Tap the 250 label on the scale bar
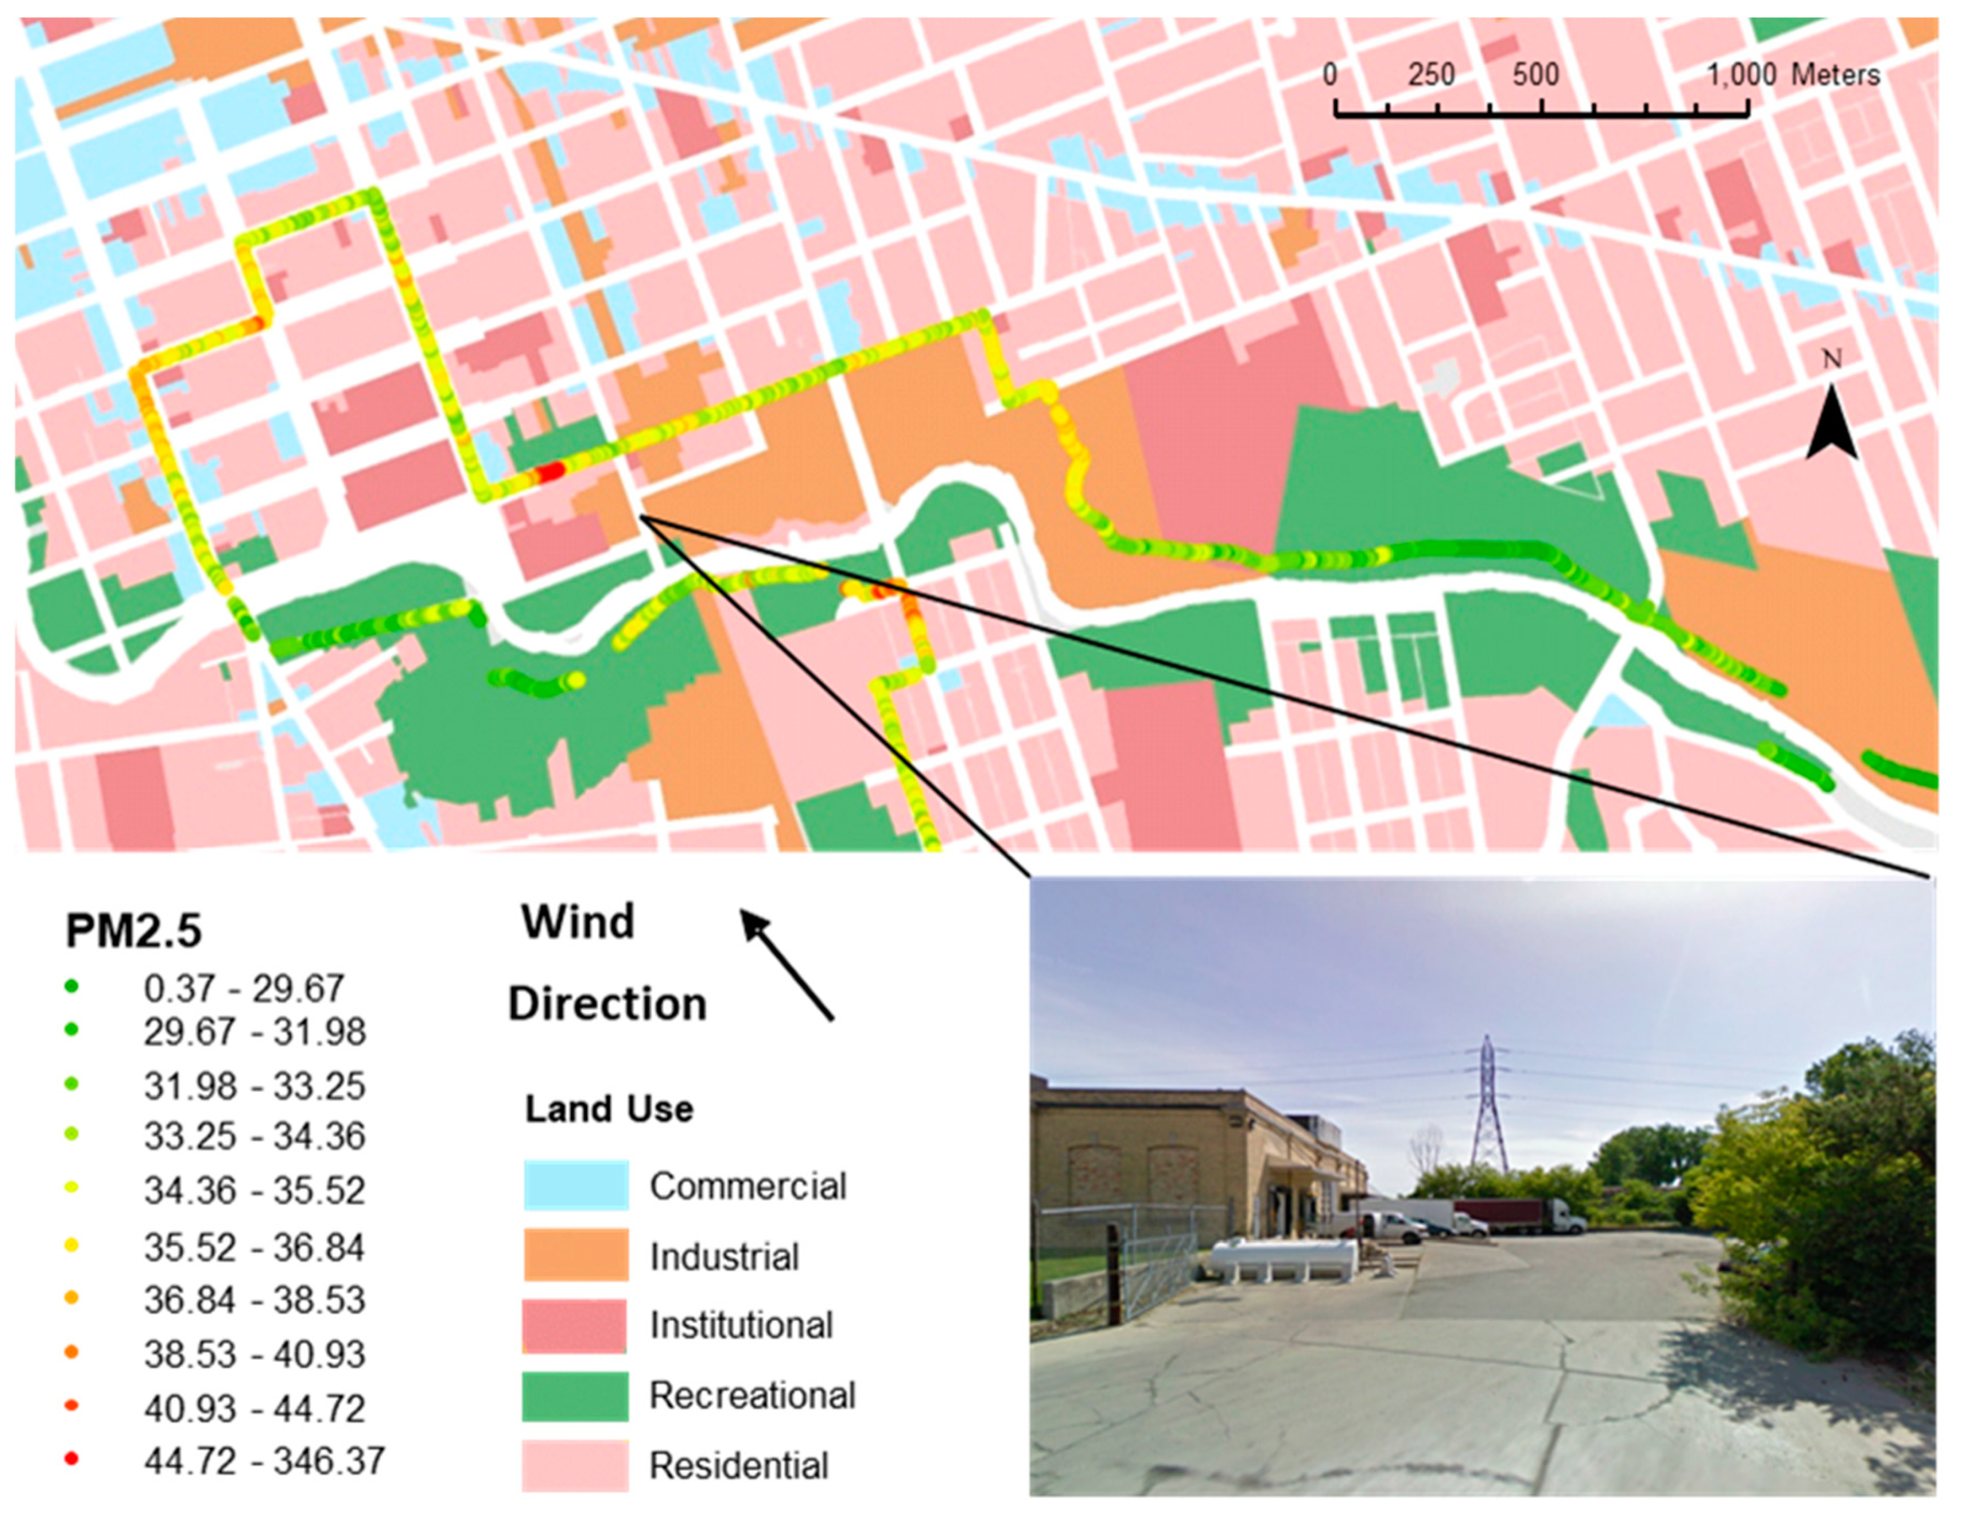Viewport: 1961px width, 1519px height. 1431,74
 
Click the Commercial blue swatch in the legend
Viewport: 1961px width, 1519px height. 576,1185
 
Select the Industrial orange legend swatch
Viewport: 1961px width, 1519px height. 576,1255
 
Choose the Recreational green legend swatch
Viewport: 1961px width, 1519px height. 576,1395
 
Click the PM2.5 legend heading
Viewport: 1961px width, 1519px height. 133,932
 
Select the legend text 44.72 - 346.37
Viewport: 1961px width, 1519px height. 264,1460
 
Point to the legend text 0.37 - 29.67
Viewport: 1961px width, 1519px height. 243,989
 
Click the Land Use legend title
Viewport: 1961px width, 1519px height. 609,1110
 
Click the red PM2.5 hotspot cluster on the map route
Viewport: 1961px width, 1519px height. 550,472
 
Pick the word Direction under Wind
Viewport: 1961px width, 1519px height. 608,1004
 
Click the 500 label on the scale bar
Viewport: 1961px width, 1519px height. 1535,74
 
